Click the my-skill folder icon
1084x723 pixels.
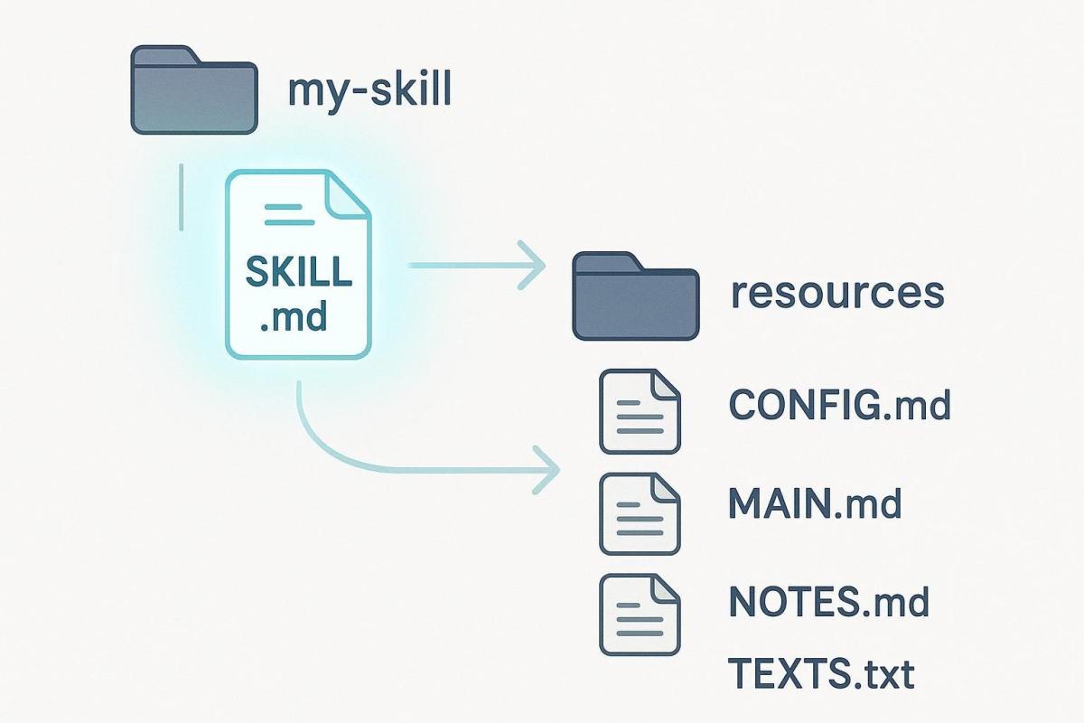[194, 92]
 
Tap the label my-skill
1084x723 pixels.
[368, 91]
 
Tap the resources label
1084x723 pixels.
[836, 294]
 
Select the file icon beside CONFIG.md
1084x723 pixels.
[640, 411]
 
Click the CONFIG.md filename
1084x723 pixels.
[839, 406]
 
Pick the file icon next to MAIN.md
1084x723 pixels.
[640, 513]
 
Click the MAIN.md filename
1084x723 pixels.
[815, 503]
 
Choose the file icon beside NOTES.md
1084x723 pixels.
[640, 615]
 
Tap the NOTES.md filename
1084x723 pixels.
[827, 601]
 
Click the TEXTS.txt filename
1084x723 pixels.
[820, 673]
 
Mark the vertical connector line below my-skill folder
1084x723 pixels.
[182, 196]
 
